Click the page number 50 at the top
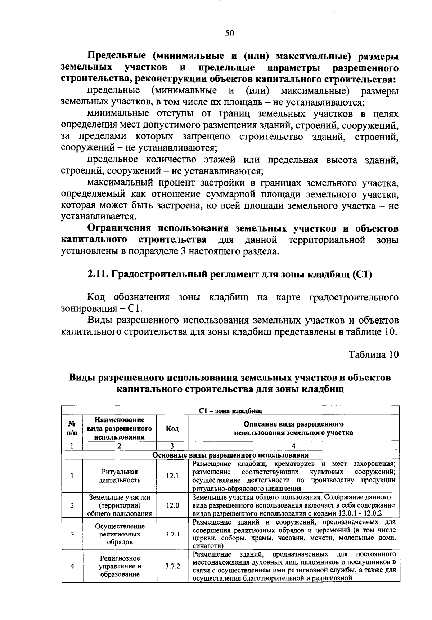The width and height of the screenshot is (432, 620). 229,34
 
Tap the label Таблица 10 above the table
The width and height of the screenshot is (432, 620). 374,354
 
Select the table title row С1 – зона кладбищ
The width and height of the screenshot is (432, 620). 230,411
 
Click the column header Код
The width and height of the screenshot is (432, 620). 172,428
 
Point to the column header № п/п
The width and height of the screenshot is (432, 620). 72,428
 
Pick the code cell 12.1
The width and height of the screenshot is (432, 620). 172,476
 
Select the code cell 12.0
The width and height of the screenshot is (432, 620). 172,505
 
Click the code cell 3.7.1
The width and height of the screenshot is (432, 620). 172,534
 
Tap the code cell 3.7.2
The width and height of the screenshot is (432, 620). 172,566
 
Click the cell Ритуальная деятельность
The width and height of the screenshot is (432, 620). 120,476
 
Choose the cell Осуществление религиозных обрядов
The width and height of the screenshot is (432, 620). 120,534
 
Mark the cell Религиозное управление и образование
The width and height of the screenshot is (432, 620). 120,566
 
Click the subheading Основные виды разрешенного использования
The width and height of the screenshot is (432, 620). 230,455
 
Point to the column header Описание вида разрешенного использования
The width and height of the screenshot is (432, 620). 293,428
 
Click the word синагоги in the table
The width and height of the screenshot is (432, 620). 206,546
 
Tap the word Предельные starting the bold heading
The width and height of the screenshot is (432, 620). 117,56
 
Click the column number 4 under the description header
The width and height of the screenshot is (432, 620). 293,446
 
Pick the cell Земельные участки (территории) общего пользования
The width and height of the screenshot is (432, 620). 120,505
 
